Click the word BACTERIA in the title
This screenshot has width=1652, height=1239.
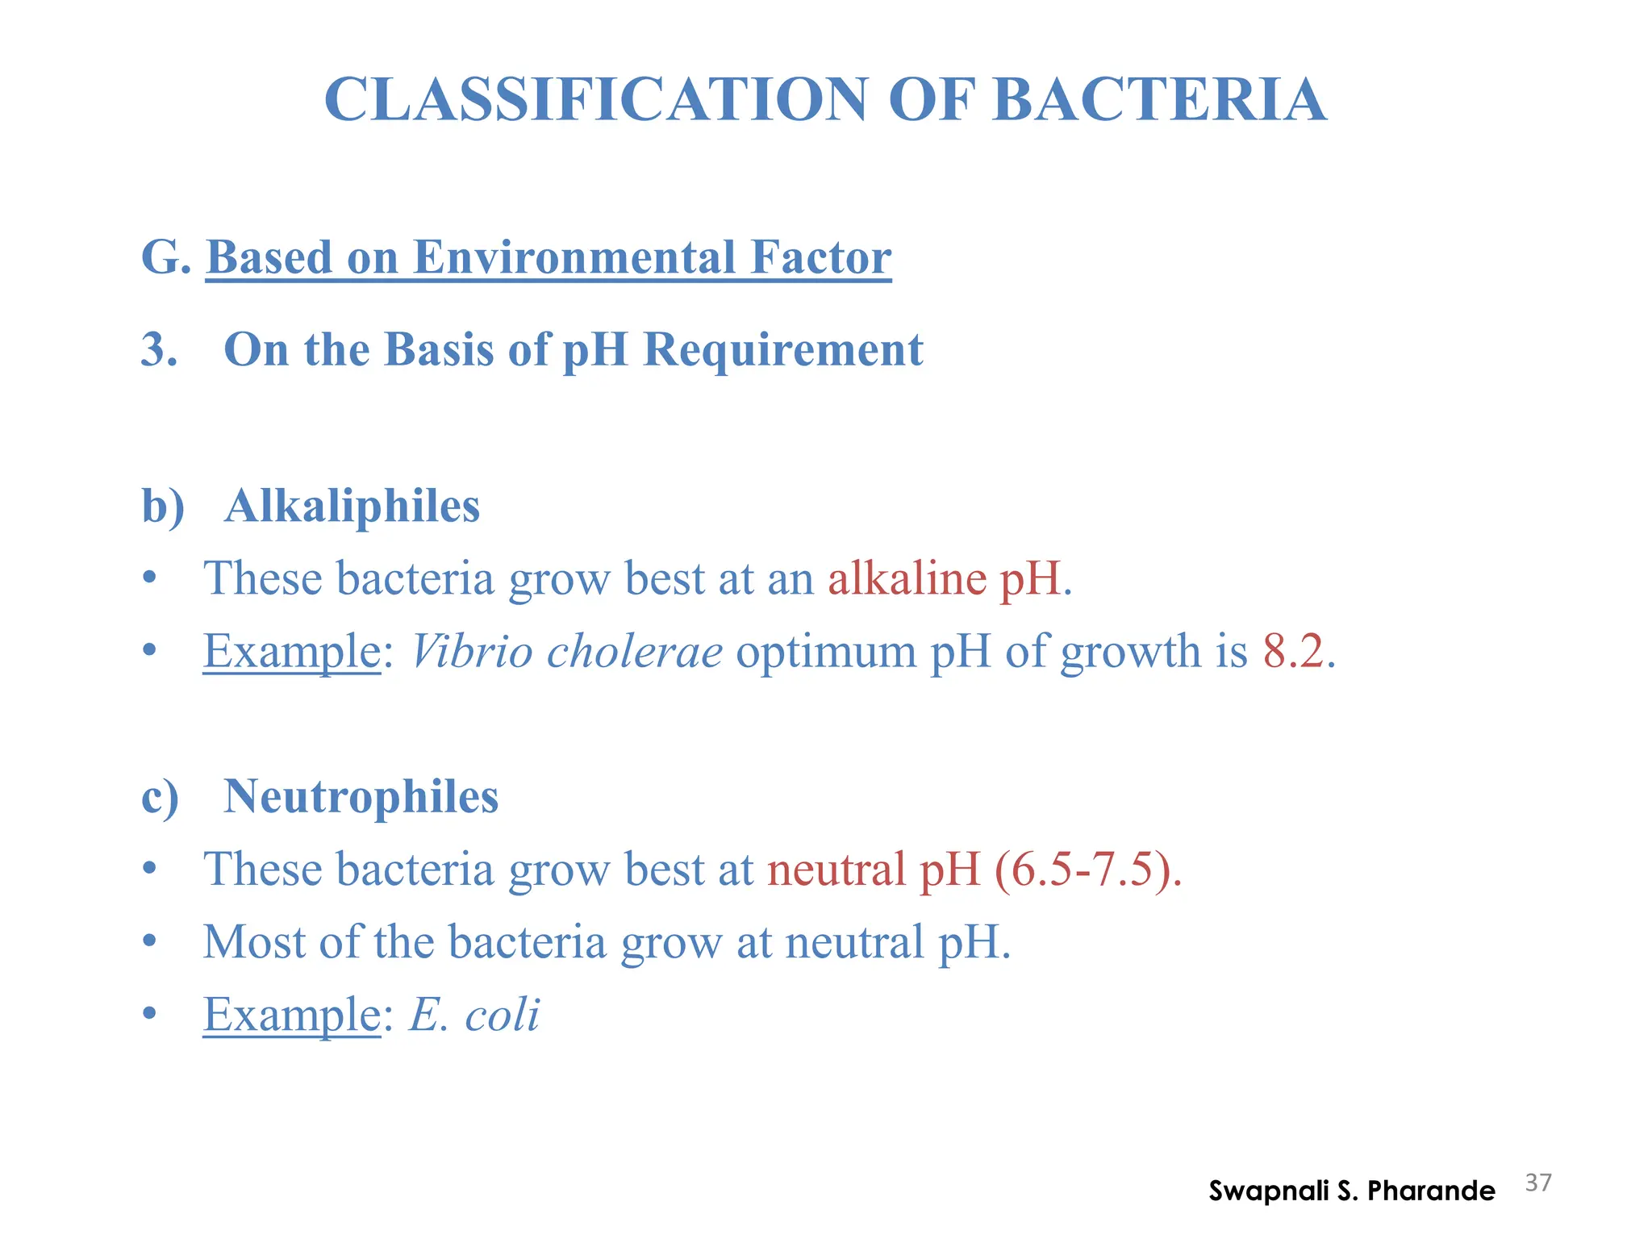point(1158,100)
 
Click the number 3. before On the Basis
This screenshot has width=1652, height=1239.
point(159,350)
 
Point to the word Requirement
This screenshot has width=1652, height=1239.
point(782,350)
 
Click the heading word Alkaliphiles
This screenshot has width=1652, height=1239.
point(352,507)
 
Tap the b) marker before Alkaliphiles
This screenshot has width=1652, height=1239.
point(163,507)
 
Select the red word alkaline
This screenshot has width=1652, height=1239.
point(907,578)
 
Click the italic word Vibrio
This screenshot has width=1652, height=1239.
point(472,651)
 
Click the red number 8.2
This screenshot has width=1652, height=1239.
point(1293,651)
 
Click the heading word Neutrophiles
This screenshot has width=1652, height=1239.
point(361,797)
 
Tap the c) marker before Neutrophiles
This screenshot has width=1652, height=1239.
point(161,797)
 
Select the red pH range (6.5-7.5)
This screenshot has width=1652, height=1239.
point(1087,870)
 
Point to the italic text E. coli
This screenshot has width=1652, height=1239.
point(474,1015)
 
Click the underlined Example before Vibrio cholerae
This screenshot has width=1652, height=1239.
point(291,652)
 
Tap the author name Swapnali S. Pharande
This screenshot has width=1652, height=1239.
point(1351,1191)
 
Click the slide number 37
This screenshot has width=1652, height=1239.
point(1538,1183)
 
